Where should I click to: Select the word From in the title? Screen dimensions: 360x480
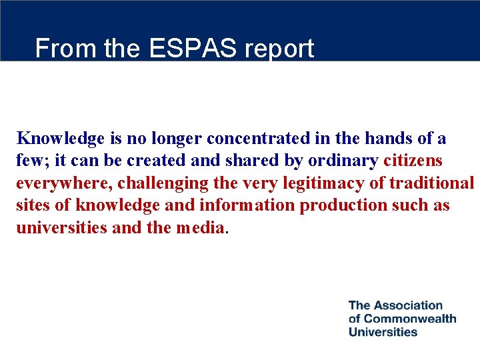[x=59, y=49]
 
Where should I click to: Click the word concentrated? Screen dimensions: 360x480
[x=263, y=139]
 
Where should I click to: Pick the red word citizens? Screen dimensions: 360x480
[x=414, y=161]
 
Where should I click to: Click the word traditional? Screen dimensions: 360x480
[x=432, y=183]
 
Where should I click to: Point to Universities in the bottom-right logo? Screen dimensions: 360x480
[x=383, y=331]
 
